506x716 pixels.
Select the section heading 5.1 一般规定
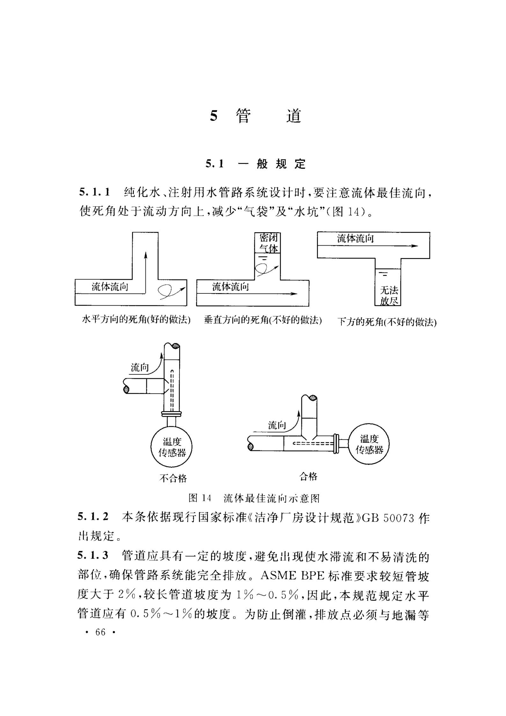tap(255, 164)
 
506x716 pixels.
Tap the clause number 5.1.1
tap(95, 192)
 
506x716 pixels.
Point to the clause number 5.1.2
tap(93, 516)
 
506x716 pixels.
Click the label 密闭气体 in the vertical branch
tap(268, 243)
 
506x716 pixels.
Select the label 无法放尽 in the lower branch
tap(389, 296)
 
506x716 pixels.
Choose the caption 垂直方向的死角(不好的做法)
tap(263, 320)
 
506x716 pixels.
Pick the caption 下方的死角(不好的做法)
tap(387, 322)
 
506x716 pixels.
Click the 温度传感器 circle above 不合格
tap(172, 447)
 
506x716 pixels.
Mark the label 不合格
tap(173, 478)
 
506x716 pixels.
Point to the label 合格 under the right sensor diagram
tap(308, 476)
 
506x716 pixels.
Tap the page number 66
tap(100, 632)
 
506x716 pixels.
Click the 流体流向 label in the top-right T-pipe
tap(356, 239)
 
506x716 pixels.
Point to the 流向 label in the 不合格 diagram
tap(140, 368)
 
